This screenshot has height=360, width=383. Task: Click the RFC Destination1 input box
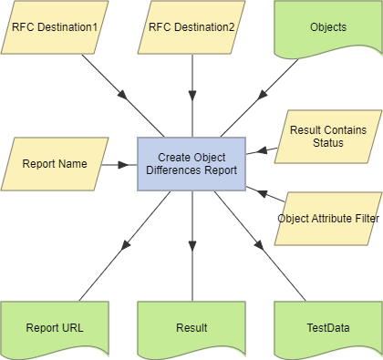[55, 26]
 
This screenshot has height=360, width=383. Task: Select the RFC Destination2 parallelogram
[191, 26]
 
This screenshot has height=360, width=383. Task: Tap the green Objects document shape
[327, 28]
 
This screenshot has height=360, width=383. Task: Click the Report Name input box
[55, 165]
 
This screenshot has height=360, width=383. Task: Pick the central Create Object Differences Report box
[191, 164]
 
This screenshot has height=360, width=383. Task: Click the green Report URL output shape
[55, 327]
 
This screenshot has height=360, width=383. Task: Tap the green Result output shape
[191, 327]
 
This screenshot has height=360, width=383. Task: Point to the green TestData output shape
[327, 327]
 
